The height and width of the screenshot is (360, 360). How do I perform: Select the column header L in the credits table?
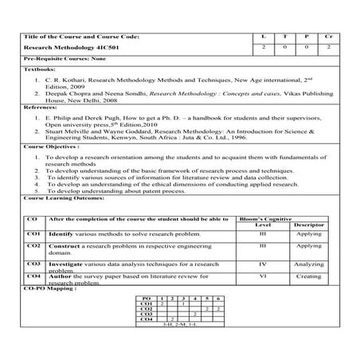(x=264, y=37)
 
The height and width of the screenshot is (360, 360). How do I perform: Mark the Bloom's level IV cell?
(x=262, y=264)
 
